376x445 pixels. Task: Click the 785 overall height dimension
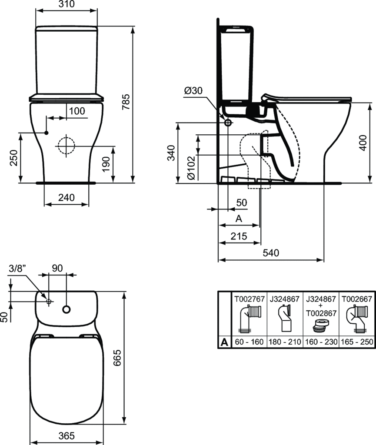click(126, 102)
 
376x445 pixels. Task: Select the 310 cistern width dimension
click(66, 4)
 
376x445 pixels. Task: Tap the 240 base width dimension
click(67, 197)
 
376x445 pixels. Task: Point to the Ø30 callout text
click(193, 90)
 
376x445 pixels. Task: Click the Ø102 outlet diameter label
click(191, 167)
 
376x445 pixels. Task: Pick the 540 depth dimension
click(271, 252)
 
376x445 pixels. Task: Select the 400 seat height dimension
click(363, 143)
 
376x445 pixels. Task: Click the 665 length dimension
click(117, 358)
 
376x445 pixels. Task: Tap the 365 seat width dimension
click(67, 435)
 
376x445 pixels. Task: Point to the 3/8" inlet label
click(17, 268)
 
